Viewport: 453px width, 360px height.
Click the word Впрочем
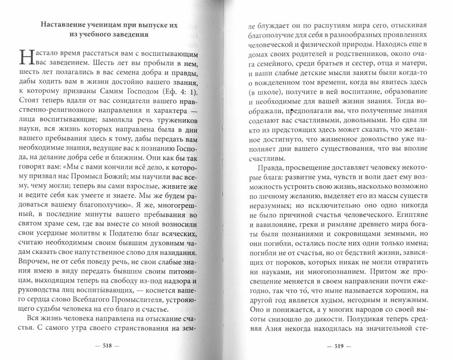35,261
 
